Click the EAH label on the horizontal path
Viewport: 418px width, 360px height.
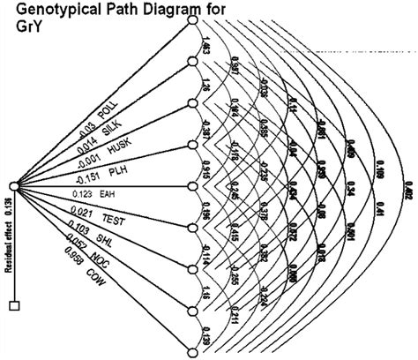[x=131, y=193]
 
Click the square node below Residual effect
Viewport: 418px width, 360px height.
[x=13, y=306]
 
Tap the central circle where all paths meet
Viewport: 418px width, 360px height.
[x=13, y=186]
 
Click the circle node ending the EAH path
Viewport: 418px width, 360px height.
[x=193, y=186]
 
